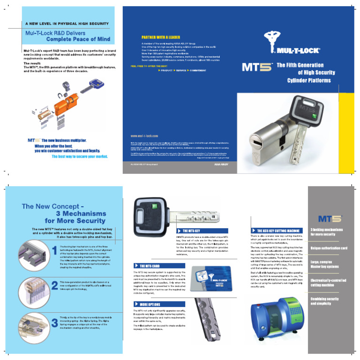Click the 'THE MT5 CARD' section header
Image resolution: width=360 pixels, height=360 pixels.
[150, 266]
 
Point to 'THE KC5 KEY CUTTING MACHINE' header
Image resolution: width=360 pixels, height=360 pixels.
[278, 231]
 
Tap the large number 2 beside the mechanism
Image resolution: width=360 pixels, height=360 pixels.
[54, 284]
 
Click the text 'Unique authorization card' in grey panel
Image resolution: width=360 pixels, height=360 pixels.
[329, 247]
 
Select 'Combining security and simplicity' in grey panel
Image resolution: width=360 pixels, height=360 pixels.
[324, 301]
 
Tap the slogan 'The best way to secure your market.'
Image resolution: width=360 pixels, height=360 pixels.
[79, 157]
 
